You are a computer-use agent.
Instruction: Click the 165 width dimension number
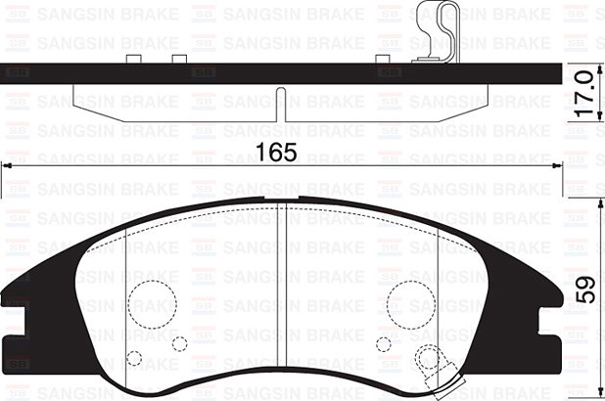pos(276,153)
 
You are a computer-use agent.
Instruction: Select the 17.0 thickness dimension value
pos(583,93)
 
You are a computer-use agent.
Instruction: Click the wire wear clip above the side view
pos(437,31)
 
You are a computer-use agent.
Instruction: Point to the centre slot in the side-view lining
pos(282,104)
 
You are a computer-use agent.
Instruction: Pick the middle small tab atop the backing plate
pos(178,59)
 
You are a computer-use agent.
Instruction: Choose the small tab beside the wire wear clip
pos(384,59)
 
